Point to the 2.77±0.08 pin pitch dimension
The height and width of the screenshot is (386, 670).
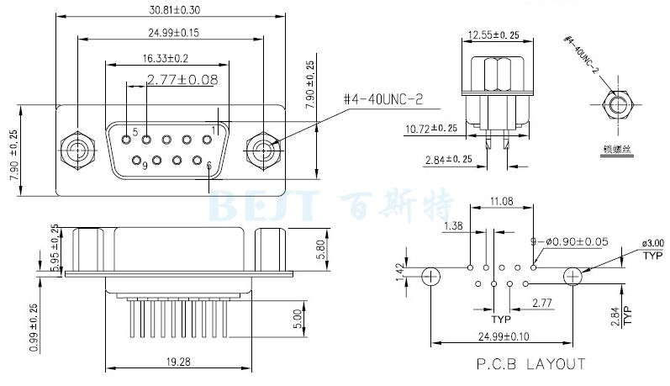click(x=182, y=80)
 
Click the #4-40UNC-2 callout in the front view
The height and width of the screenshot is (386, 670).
click(x=383, y=99)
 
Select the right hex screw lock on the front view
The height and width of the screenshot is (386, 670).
click(x=264, y=151)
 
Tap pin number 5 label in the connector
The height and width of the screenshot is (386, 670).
click(x=135, y=133)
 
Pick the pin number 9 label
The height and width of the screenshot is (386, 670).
click(x=145, y=166)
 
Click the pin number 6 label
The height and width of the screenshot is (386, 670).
click(x=208, y=166)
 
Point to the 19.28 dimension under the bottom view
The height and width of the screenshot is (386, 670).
click(x=177, y=362)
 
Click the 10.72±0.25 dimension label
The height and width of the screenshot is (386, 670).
click(x=431, y=129)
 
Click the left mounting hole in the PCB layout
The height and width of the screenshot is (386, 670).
click(x=430, y=275)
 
